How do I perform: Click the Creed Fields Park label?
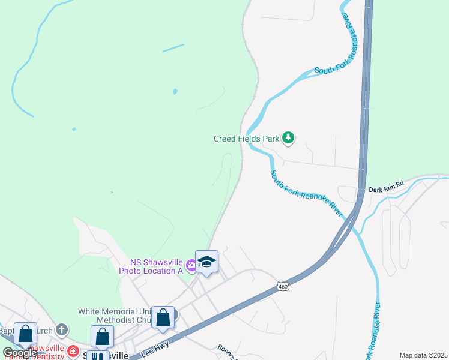[x=246, y=139]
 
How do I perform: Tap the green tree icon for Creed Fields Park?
[x=289, y=139]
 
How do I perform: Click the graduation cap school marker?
[x=206, y=262]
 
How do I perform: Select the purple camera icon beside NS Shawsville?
[x=191, y=264]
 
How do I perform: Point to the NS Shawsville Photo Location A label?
[x=157, y=266]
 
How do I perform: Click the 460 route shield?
[x=283, y=287]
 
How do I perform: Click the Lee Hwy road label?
[x=155, y=348]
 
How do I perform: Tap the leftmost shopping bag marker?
[x=25, y=334]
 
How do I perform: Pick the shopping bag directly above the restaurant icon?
[x=102, y=337]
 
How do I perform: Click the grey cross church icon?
[x=61, y=329]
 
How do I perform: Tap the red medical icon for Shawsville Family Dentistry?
[x=73, y=351]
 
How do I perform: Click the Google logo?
[x=19, y=353]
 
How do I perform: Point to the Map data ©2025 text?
[x=423, y=355]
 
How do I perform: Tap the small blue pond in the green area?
[x=175, y=92]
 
